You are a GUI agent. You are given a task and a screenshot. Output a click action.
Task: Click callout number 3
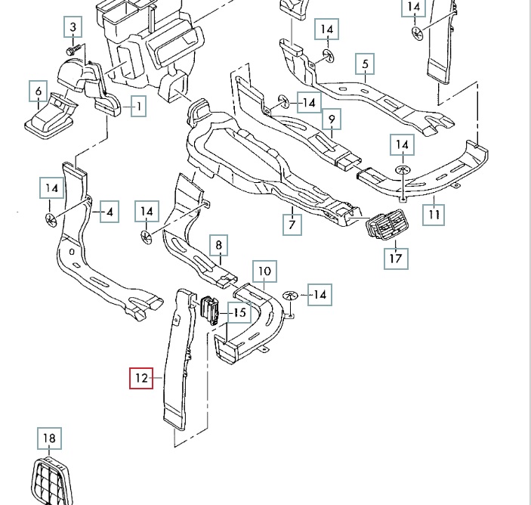tap(73, 28)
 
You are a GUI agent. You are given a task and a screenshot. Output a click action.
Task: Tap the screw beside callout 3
tap(72, 49)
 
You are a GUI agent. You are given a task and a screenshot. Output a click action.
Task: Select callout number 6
tap(38, 92)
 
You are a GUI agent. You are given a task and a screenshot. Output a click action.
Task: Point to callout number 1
tap(138, 107)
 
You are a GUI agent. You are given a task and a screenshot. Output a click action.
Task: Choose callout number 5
tap(365, 64)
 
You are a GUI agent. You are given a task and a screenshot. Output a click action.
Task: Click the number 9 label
tap(330, 119)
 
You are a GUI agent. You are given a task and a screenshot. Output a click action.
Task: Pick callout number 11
tap(434, 214)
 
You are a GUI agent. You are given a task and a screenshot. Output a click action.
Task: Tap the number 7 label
tap(292, 224)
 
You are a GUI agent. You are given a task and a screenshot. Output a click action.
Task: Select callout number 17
tap(396, 257)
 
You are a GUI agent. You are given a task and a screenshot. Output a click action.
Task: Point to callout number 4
tap(110, 212)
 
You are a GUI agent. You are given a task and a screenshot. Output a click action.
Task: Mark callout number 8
tap(218, 245)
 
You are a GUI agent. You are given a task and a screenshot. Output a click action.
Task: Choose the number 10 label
tap(264, 271)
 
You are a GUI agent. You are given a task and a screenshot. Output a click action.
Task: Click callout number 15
tap(239, 311)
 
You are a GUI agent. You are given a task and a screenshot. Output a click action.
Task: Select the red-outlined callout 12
tap(140, 376)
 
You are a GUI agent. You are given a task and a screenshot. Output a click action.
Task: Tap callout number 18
tap(49, 438)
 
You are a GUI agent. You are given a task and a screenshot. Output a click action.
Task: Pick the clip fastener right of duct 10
tap(289, 294)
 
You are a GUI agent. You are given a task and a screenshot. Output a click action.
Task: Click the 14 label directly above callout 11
tap(402, 144)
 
